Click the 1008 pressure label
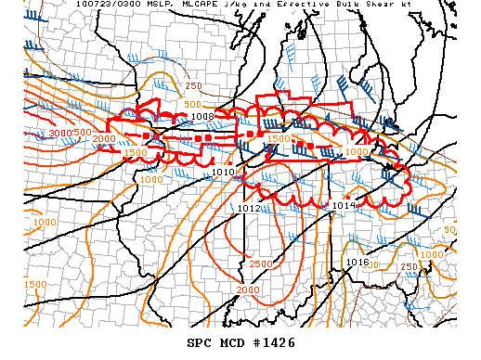[202, 117]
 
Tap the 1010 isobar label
[223, 173]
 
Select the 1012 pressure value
[248, 209]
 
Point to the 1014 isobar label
[344, 205]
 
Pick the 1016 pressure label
[357, 263]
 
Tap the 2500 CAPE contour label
[260, 264]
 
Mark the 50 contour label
[449, 229]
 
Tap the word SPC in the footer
[200, 342]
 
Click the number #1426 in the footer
[271, 342]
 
